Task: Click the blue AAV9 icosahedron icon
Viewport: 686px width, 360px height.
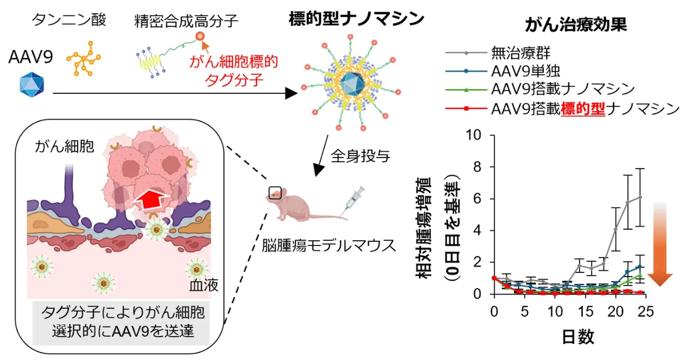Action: pyautogui.click(x=31, y=84)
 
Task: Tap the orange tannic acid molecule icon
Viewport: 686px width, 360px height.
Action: pyautogui.click(x=83, y=59)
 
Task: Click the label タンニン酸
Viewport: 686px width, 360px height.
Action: pyautogui.click(x=69, y=20)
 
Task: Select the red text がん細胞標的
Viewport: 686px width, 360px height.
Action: pyautogui.click(x=234, y=62)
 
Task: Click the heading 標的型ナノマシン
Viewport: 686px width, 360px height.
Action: pyautogui.click(x=356, y=19)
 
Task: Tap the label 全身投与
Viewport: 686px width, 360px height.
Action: pyautogui.click(x=360, y=155)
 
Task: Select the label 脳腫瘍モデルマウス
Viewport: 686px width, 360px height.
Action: pyautogui.click(x=329, y=245)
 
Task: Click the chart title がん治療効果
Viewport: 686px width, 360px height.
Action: pyautogui.click(x=576, y=25)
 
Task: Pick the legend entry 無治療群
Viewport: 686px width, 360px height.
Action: pyautogui.click(x=521, y=53)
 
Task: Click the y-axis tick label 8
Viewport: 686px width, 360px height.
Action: pyautogui.click(x=477, y=167)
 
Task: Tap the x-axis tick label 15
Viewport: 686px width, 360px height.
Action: pyautogui.click(x=585, y=311)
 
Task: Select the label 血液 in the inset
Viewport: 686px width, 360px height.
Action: pyautogui.click(x=204, y=285)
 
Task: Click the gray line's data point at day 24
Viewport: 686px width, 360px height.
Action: pyautogui.click(x=640, y=197)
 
